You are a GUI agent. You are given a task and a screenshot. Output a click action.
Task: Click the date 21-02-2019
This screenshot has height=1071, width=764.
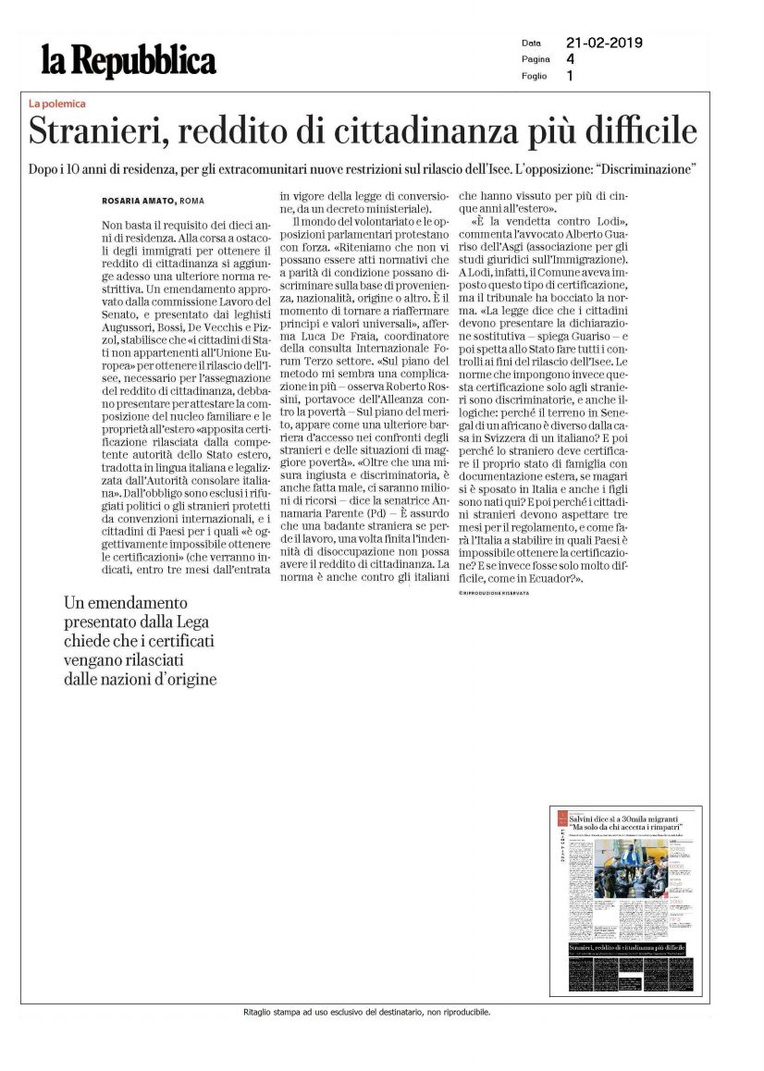pos(604,43)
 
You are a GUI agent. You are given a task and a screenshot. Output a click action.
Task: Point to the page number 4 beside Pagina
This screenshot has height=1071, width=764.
pos(570,59)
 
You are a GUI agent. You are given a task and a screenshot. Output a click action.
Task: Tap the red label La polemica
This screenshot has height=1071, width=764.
pos(57,104)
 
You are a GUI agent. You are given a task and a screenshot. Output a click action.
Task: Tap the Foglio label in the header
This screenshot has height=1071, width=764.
pos(534,76)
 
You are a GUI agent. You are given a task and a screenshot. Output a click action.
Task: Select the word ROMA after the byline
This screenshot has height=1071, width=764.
pos(192,201)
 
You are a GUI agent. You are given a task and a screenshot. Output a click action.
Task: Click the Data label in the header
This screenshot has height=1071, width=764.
pos(531,43)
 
